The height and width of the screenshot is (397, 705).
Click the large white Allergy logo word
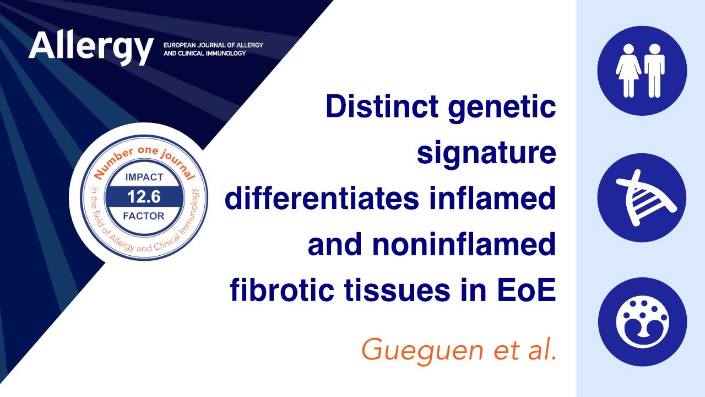tap(91, 47)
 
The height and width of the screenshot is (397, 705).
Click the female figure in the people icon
tap(628, 70)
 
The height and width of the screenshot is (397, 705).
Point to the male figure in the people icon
tap(654, 70)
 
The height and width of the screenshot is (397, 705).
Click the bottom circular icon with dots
tap(642, 321)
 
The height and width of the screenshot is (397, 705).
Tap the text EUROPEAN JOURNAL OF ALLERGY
tap(213, 44)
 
